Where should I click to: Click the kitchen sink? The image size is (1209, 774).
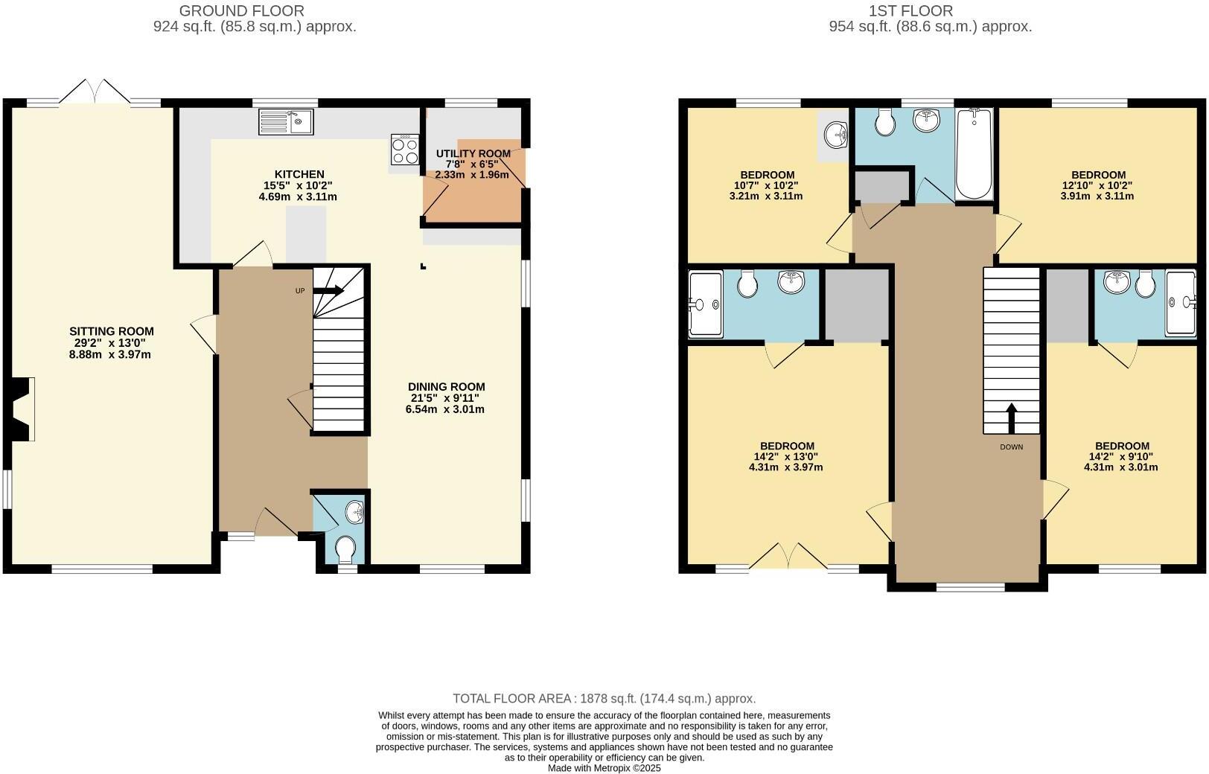[286, 122]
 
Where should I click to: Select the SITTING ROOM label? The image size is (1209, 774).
[112, 331]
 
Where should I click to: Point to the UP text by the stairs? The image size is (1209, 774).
[300, 291]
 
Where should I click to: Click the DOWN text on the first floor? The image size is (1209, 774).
[1011, 447]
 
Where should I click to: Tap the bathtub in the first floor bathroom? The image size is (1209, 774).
[974, 153]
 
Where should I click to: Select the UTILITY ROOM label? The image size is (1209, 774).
[473, 154]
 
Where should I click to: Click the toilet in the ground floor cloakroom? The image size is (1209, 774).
[345, 551]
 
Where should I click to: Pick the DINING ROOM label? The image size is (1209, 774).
[446, 386]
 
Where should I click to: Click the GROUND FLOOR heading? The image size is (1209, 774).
[242, 10]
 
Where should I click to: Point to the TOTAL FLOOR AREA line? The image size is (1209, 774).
[604, 698]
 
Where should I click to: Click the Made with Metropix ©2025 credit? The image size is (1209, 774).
[604, 768]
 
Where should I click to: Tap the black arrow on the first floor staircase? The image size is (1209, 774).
[1011, 418]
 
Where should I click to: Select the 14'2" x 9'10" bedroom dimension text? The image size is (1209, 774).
[1121, 457]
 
